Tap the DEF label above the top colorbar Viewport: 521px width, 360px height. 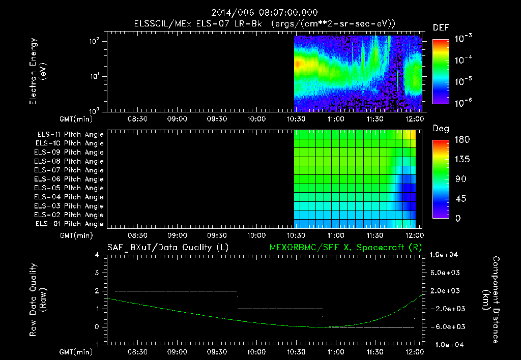coord(441,28)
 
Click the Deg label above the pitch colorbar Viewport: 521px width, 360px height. coord(441,129)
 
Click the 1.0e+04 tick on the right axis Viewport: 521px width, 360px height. coord(445,255)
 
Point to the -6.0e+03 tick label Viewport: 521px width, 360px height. coord(445,326)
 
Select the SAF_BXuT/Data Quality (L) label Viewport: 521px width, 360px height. coord(167,248)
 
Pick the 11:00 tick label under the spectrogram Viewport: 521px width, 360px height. coord(334,119)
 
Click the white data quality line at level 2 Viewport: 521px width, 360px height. coord(176,291)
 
